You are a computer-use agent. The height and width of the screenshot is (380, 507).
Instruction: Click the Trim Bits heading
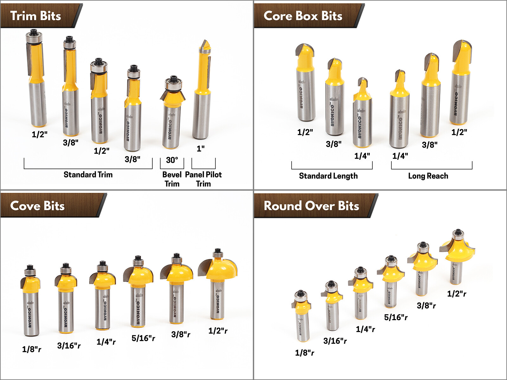(x=35, y=16)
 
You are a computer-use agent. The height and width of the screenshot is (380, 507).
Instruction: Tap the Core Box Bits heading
(x=303, y=16)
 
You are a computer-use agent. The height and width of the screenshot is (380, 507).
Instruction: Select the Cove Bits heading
(x=37, y=206)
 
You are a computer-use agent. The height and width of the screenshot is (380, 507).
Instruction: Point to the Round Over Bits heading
(x=311, y=206)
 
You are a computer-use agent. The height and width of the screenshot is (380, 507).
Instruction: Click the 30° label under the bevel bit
(x=172, y=160)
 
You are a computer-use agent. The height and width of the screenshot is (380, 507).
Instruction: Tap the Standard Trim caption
(x=88, y=174)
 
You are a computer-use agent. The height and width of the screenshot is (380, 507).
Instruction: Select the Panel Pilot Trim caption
(x=203, y=179)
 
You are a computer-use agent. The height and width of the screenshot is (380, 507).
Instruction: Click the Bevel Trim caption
(x=172, y=179)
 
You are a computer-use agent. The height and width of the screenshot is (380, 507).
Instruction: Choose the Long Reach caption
(x=428, y=176)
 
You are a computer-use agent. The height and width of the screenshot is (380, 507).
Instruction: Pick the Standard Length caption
(x=328, y=176)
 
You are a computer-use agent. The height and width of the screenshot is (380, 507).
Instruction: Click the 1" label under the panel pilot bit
(x=201, y=149)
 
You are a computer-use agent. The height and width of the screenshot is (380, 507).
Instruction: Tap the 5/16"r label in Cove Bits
(x=143, y=338)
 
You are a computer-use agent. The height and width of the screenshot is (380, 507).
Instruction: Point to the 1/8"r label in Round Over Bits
(x=305, y=352)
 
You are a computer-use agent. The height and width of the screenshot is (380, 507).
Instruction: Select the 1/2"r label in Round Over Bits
(x=457, y=294)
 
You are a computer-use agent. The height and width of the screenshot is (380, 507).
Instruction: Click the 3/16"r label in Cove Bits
(x=69, y=345)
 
